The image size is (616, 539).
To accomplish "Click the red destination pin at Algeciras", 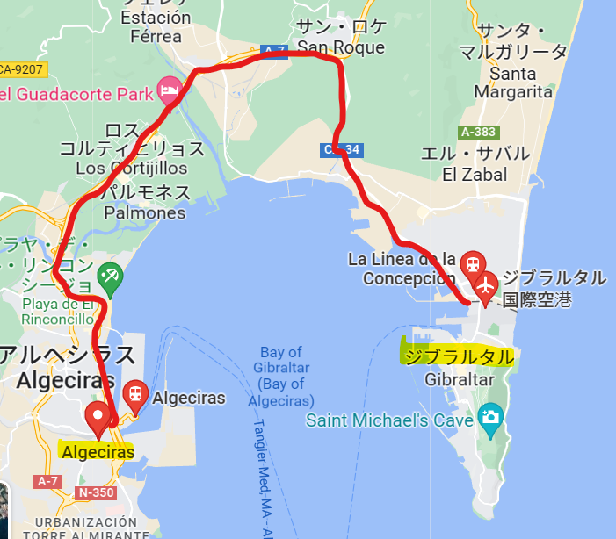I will pos(97,416).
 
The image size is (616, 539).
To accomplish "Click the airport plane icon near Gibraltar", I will pos(485,284).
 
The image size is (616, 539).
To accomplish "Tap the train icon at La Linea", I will pos(473,262).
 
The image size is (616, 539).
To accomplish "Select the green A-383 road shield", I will pos(478,133).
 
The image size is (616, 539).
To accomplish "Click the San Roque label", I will pos(341,47).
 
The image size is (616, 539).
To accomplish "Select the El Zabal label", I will pos(475,174).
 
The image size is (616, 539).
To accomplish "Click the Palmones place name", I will pos(145,212).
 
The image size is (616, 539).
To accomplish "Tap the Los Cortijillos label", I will pos(132,168).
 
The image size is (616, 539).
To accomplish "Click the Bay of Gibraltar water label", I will pos(281,376).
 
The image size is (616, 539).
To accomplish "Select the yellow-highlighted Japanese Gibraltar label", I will pos(457,356).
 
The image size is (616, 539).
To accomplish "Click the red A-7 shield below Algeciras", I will pos(47,481).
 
